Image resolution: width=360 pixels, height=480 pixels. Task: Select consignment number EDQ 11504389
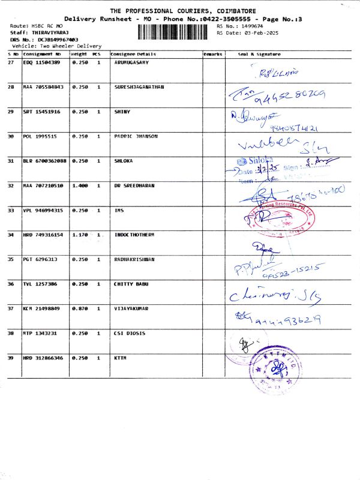41,62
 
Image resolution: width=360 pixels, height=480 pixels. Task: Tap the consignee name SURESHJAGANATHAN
139,87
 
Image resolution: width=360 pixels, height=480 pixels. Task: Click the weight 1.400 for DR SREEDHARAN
79,185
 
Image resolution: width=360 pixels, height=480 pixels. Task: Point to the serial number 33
11,210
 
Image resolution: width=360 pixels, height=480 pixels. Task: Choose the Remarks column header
213,54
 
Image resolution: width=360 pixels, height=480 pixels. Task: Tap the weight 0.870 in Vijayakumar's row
79,308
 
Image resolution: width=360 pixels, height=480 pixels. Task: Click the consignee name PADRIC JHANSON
136,136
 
